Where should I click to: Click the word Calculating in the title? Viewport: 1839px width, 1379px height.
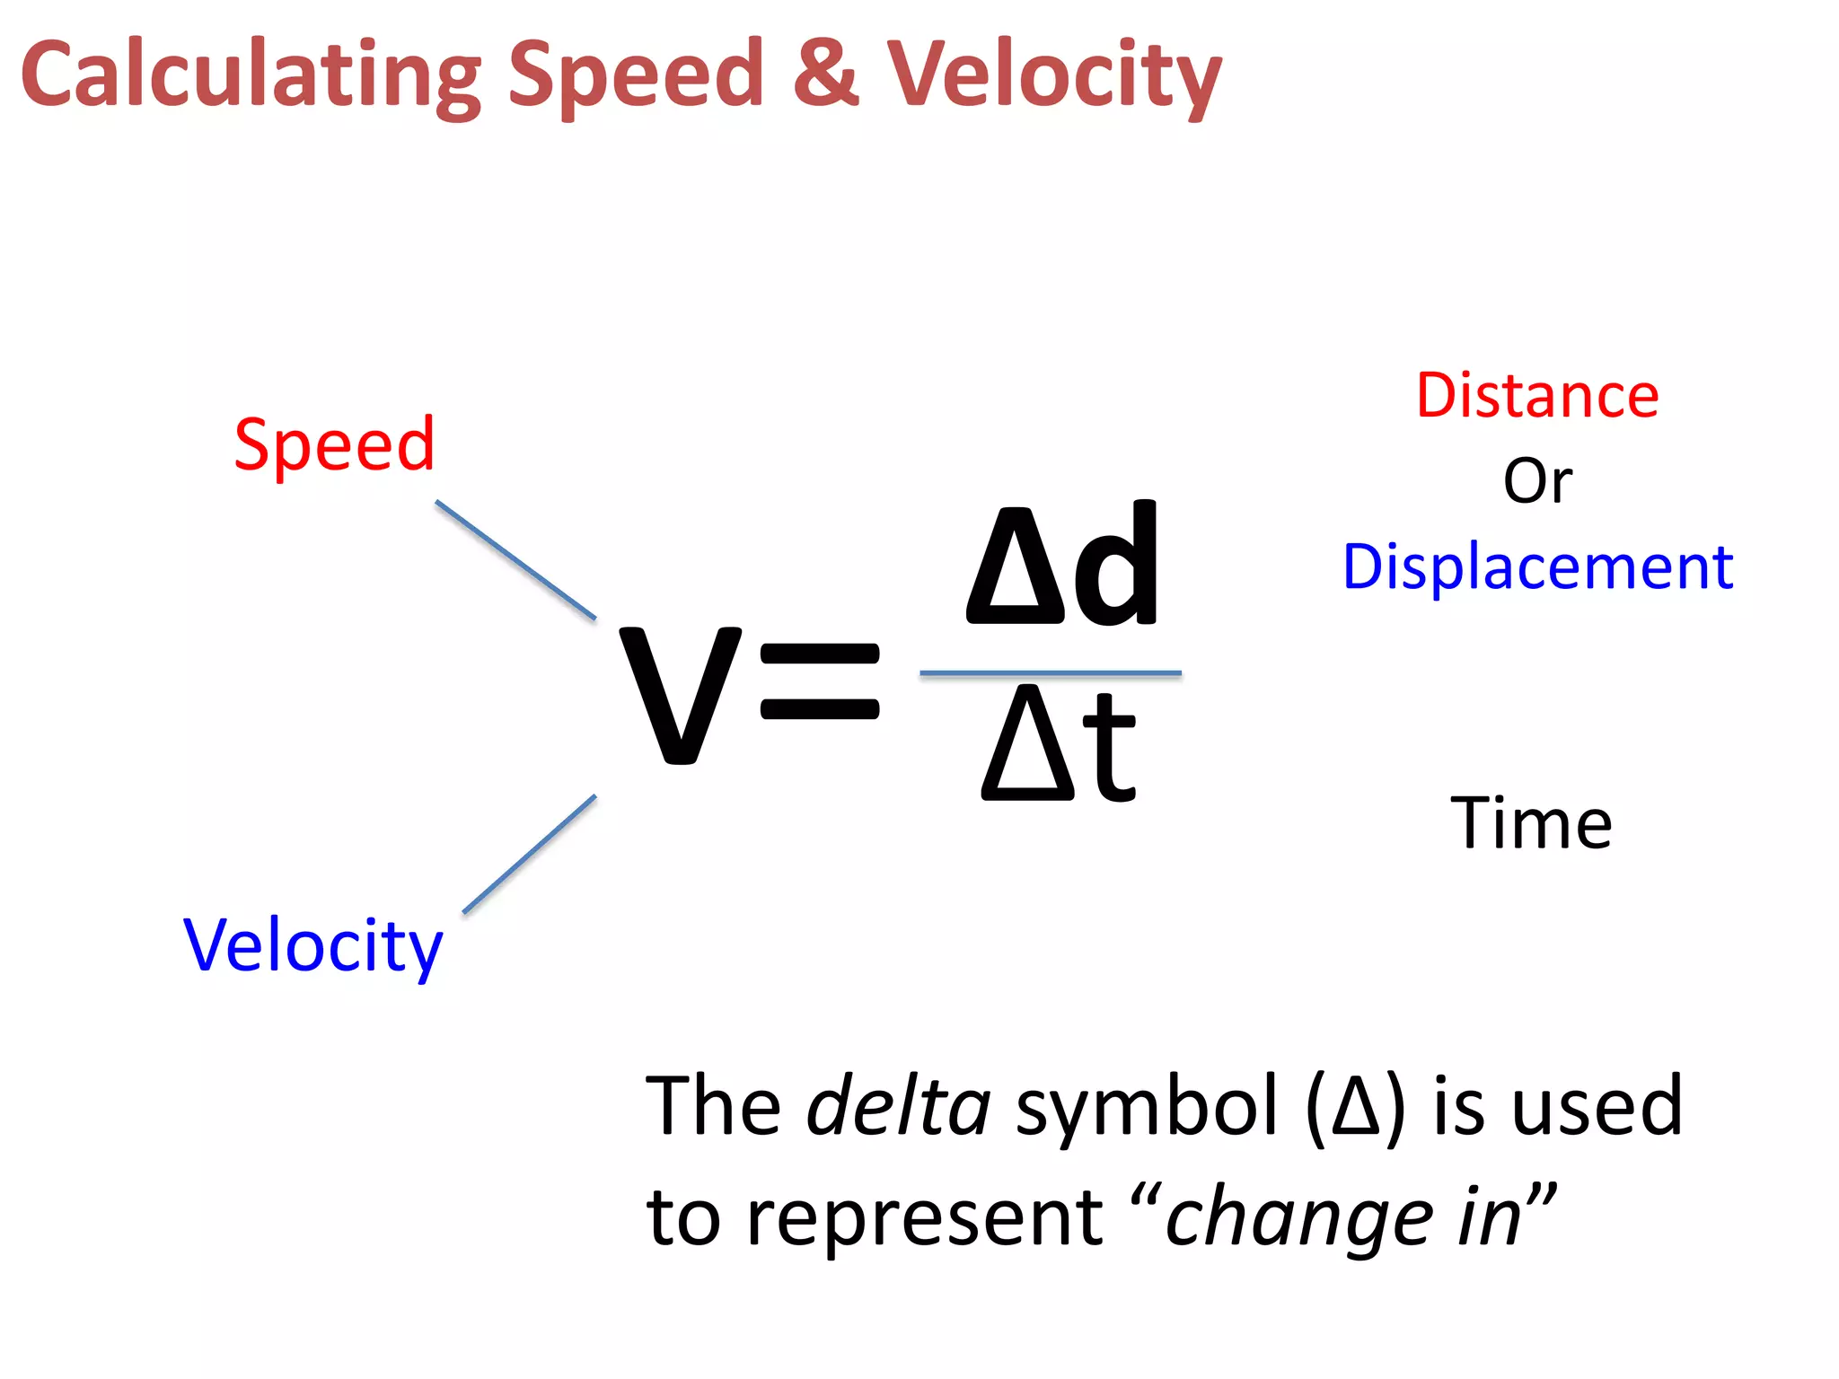click(x=251, y=76)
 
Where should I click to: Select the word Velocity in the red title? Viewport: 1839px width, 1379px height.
click(x=1054, y=76)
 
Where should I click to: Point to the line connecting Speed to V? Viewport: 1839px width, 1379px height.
click(x=515, y=560)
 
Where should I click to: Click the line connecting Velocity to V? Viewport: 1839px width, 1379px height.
click(x=530, y=854)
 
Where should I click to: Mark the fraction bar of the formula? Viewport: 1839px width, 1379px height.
click(x=1051, y=672)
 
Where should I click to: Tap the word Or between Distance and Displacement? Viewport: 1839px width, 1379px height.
click(x=1537, y=481)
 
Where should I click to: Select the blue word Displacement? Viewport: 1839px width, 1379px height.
click(x=1537, y=567)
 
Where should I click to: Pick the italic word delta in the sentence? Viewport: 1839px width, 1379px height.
click(x=898, y=1106)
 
